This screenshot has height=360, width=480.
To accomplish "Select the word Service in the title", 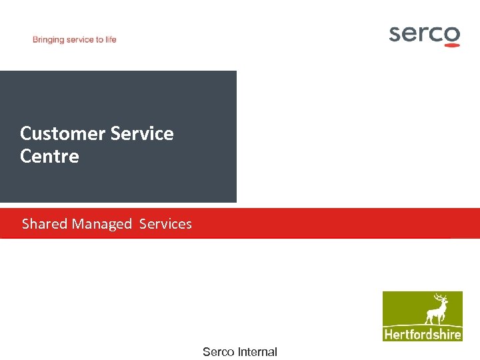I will (x=142, y=133).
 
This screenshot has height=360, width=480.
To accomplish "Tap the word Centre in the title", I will (x=49, y=157).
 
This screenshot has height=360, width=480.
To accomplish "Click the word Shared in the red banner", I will (x=45, y=224).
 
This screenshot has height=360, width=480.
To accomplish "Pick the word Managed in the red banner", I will (x=102, y=225).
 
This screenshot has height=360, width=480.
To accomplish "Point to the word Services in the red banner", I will (x=165, y=224).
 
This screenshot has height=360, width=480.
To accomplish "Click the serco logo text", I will (x=424, y=33).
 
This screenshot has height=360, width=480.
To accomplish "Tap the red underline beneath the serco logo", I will (x=451, y=45).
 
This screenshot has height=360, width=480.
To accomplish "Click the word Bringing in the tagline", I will (x=49, y=40).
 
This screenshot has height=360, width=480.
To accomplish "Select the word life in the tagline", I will (x=111, y=39).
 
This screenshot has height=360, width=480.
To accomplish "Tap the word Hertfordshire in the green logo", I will (x=423, y=334).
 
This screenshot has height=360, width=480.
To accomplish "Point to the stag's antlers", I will (x=440, y=297).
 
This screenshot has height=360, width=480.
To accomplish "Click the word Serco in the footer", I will (x=219, y=352).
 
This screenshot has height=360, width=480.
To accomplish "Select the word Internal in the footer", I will (x=257, y=352).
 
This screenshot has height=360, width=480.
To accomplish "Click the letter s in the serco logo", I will (x=396, y=34).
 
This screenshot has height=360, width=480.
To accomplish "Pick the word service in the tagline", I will (x=81, y=40).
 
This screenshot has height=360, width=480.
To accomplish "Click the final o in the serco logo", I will (x=452, y=34).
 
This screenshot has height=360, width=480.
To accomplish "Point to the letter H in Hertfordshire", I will (x=388, y=334).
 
